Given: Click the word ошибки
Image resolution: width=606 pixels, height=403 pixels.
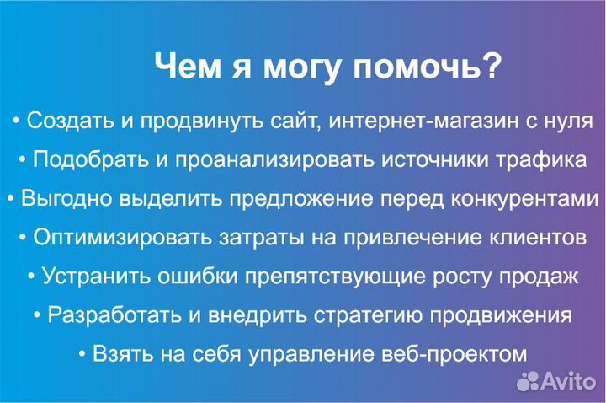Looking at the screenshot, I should [188, 277].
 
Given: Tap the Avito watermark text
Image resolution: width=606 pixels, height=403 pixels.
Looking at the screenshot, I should [570, 381].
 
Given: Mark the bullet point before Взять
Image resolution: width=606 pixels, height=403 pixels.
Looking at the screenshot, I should [82, 354].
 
